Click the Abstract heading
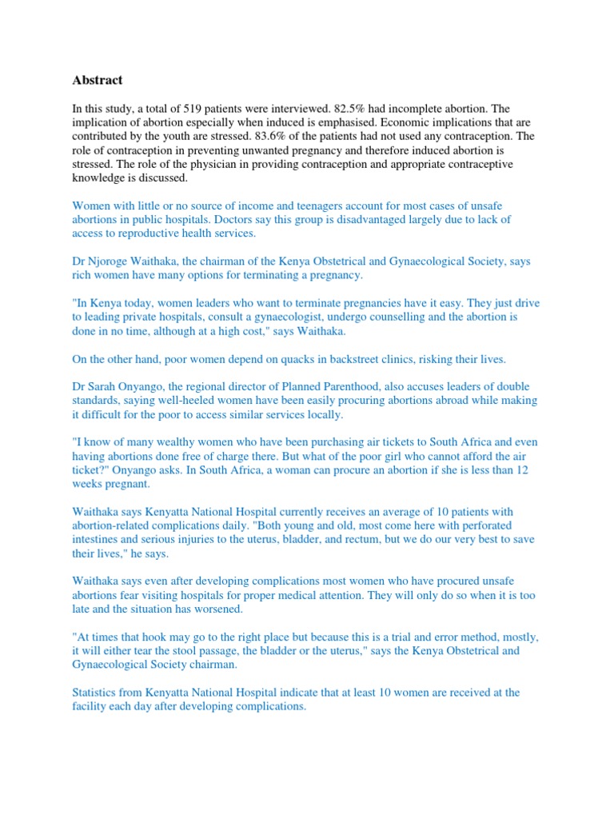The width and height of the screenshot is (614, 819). click(x=98, y=80)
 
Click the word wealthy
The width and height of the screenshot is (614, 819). click(x=170, y=441)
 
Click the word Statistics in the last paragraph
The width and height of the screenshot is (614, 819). click(x=98, y=692)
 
